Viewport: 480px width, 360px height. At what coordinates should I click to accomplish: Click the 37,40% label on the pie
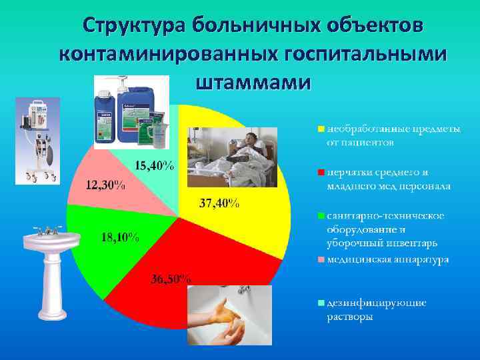(x=219, y=203)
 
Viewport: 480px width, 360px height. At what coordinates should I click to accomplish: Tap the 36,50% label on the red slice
(x=170, y=279)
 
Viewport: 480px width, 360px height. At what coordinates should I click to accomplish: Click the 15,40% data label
(x=155, y=165)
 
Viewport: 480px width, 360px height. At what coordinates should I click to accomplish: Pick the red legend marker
(x=321, y=173)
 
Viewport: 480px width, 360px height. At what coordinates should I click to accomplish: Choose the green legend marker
(x=321, y=216)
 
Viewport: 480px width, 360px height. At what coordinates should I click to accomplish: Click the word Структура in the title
(x=133, y=25)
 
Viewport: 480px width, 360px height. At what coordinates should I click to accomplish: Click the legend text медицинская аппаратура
(x=387, y=259)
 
